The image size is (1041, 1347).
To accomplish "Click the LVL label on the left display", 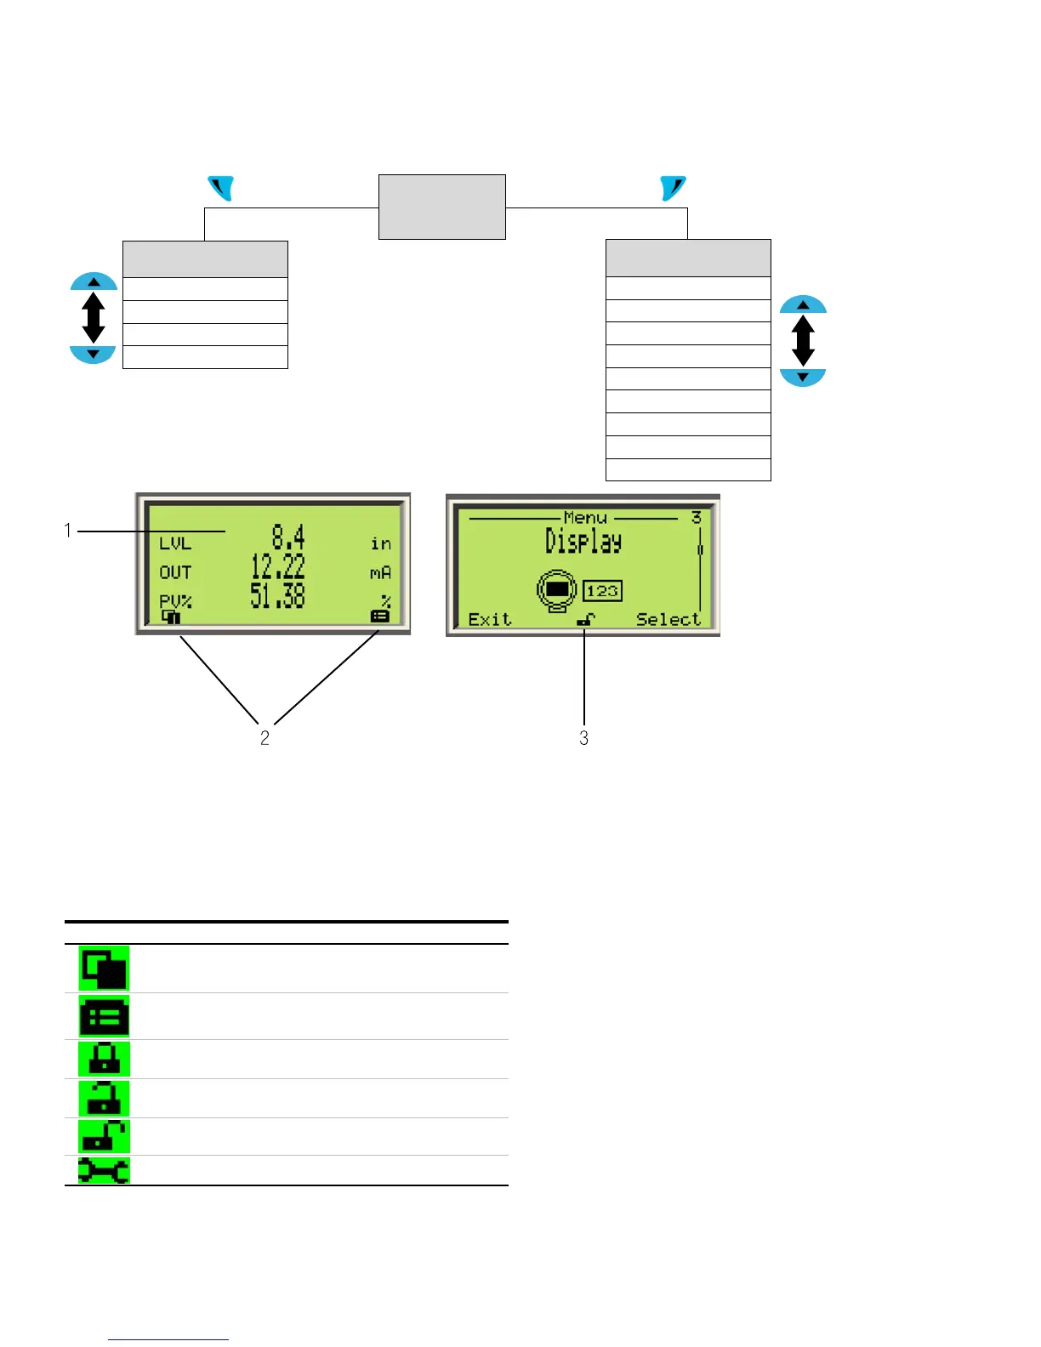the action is point(175,543).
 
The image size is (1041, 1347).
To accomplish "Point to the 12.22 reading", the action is point(277,566).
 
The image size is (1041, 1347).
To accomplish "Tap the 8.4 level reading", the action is point(287,537).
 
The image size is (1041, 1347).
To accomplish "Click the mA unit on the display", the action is point(380,573).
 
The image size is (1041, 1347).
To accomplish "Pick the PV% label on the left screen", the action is point(175,600).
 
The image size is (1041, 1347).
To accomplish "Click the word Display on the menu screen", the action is point(583,541).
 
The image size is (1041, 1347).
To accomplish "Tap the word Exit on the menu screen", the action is point(490,619).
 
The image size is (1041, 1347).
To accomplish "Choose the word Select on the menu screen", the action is point(668,619).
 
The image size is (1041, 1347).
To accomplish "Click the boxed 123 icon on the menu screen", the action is point(602,591).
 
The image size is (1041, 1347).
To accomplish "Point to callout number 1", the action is point(68,531).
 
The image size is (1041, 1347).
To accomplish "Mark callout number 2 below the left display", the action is point(265,738).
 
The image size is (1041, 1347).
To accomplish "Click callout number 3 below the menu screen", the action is point(583,738).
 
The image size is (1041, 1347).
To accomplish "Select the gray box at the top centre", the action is point(441,207).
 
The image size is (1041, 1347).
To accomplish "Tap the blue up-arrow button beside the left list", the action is point(94,281).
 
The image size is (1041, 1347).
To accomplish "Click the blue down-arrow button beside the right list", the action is point(803,377).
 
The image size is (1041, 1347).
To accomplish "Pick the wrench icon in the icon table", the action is point(104,1170).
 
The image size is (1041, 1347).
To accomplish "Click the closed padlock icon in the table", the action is point(104,1059).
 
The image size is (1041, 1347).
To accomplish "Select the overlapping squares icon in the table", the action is point(104,968).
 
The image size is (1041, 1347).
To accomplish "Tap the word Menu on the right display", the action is point(585,517).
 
